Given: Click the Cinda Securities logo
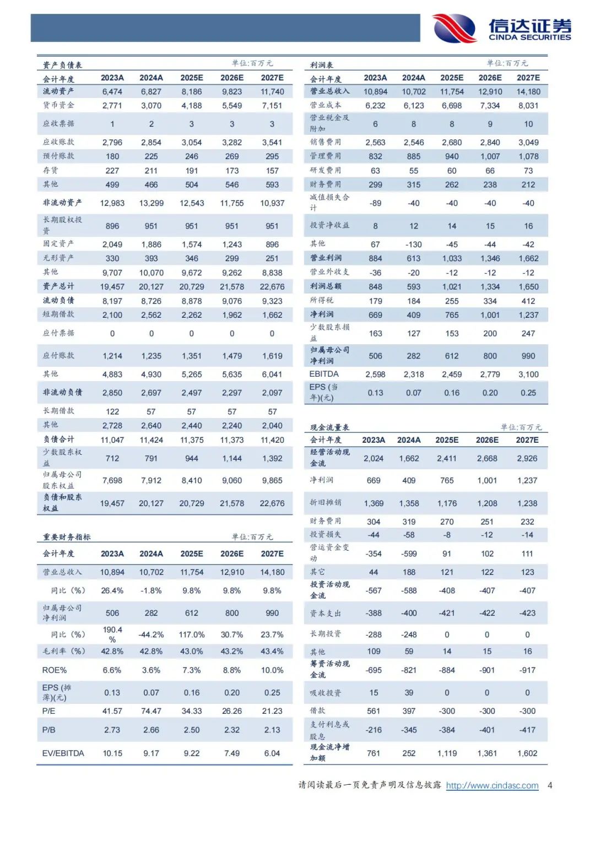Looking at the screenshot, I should (501, 28).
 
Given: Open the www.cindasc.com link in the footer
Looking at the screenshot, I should (492, 785).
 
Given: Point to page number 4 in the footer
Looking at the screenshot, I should (550, 785).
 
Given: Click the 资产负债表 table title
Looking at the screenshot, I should (62, 65).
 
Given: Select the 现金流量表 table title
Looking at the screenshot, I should (329, 427).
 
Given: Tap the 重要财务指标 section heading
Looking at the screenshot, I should (67, 537).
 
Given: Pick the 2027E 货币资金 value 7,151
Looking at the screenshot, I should (272, 106).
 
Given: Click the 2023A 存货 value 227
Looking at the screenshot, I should (112, 171).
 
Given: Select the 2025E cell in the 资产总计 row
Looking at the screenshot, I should (192, 287).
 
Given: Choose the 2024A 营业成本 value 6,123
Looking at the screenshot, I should (414, 106).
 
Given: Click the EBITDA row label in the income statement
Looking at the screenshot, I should (324, 375).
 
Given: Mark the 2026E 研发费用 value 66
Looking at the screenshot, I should (490, 171).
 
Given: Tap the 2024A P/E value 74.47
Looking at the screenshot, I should (151, 711).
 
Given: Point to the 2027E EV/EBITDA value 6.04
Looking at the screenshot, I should (272, 753).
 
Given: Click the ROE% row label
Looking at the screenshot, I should (55, 670).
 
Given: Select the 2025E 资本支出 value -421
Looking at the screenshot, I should (447, 613).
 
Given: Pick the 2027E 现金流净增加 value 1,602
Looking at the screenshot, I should (527, 753).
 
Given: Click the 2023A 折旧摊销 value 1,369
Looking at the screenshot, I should (374, 503).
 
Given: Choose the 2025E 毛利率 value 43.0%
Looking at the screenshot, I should (192, 652).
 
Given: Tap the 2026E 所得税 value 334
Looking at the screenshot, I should (490, 301).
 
